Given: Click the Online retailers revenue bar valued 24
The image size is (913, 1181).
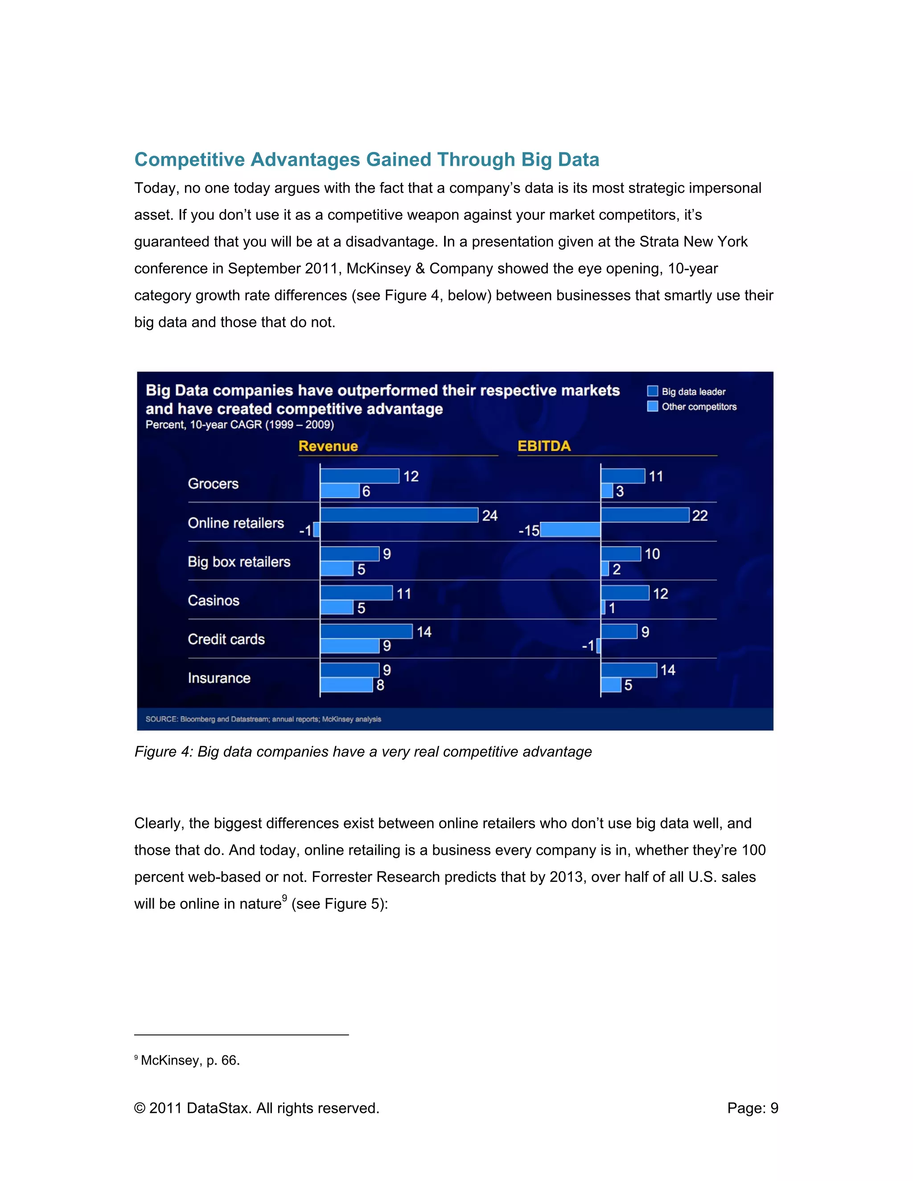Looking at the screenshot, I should [x=399, y=515].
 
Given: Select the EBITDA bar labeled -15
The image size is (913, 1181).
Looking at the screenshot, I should [x=570, y=529].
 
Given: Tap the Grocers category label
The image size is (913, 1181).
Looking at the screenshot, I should [x=213, y=484].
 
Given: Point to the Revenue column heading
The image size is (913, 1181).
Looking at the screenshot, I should [x=328, y=446].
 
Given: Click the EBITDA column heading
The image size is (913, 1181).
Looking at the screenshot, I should [x=543, y=446].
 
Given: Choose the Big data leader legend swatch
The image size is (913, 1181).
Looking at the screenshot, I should [x=652, y=391].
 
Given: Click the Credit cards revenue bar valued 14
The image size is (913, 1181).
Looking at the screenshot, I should [x=366, y=631].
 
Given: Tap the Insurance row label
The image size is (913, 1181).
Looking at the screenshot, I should [x=219, y=678].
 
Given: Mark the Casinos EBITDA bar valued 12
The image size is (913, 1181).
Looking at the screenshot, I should [x=625, y=593].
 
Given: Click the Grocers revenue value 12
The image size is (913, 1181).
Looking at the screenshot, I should [x=411, y=476].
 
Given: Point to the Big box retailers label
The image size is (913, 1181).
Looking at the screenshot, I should [x=239, y=562].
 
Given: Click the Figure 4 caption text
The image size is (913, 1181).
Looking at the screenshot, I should [x=363, y=752].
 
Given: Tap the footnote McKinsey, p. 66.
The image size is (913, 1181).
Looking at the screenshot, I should [x=189, y=1060].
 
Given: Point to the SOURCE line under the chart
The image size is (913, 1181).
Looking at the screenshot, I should [x=263, y=719].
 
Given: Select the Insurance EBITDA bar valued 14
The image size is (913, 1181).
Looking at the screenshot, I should [x=629, y=670].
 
